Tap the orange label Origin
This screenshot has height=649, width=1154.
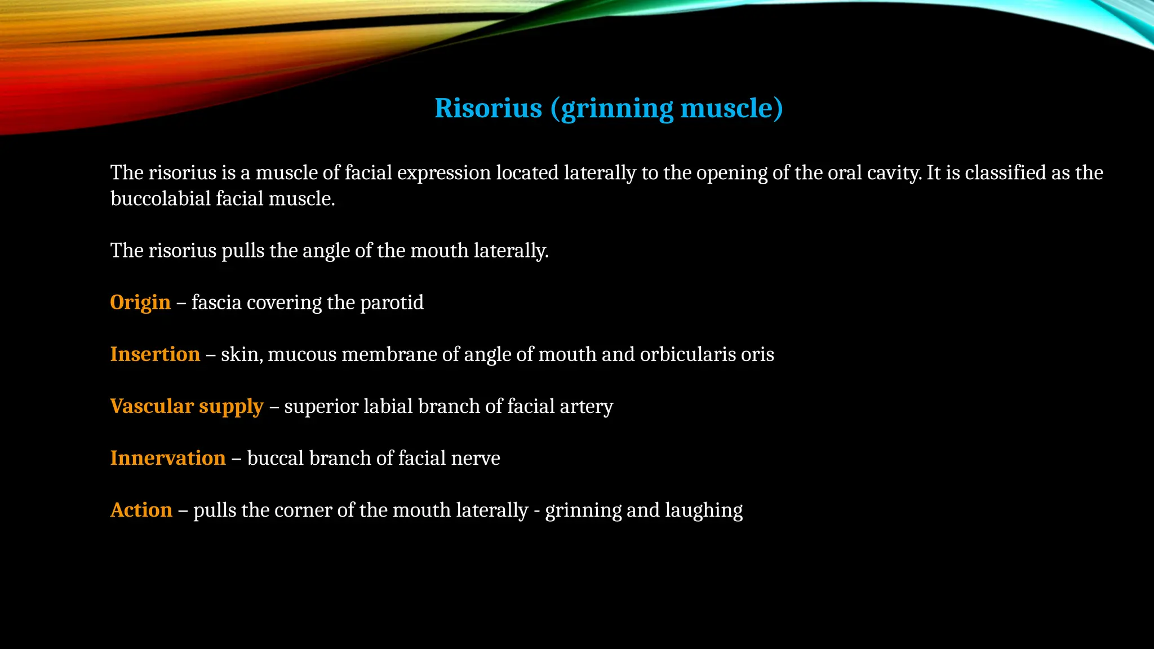140,303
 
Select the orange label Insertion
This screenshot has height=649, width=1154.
155,354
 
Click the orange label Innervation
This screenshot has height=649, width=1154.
168,458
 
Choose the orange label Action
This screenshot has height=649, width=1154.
141,510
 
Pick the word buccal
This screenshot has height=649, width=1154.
276,458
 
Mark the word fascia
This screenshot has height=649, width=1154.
216,303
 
